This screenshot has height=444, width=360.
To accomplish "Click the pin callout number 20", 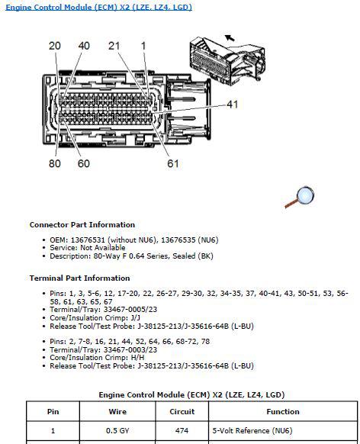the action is click(x=55, y=46).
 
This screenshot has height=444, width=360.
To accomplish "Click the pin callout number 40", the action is click(x=83, y=46).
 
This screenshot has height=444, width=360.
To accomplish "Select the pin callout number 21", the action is click(x=114, y=46).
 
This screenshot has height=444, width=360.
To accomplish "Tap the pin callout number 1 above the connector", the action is click(x=143, y=46).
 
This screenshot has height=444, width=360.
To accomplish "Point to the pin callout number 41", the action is click(x=233, y=104).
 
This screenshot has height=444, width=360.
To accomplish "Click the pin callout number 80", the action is click(x=55, y=163).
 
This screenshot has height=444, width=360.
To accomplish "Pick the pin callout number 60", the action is click(x=83, y=163).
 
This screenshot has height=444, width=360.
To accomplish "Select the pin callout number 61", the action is click(x=172, y=163).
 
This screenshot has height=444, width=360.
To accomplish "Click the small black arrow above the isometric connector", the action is click(x=229, y=37).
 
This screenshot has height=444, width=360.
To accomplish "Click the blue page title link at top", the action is click(x=110, y=8).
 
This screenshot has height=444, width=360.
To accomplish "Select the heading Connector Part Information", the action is click(x=82, y=225).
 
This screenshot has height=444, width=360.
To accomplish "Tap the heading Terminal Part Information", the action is click(x=80, y=278).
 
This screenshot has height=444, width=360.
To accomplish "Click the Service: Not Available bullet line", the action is click(x=87, y=248).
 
